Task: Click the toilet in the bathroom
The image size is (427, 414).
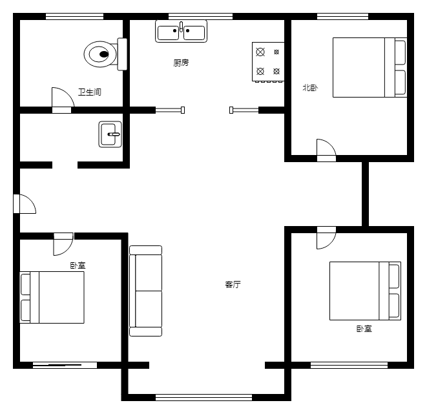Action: pyautogui.click(x=105, y=54)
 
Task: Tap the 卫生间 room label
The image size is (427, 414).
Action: pyautogui.click(x=90, y=92)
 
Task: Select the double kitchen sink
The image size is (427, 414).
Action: pyautogui.click(x=181, y=31)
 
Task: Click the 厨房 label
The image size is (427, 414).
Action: pyautogui.click(x=181, y=63)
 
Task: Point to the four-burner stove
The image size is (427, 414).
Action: pyautogui.click(x=268, y=62)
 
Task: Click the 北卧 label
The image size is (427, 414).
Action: pyautogui.click(x=310, y=88)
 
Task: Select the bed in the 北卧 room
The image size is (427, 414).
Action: pyautogui.click(x=370, y=68)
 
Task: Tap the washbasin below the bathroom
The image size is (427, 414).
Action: pyautogui.click(x=110, y=134)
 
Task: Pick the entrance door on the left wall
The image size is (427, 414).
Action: pyautogui.click(x=25, y=204)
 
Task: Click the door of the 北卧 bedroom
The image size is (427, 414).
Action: pyautogui.click(x=326, y=150)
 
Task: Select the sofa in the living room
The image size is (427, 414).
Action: pyautogui.click(x=146, y=291)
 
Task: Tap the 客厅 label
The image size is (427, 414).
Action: pyautogui.click(x=233, y=284)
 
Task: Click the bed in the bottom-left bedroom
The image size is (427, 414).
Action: pyautogui.click(x=52, y=298)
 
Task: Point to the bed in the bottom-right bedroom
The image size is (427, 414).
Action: pyautogui.click(x=365, y=291)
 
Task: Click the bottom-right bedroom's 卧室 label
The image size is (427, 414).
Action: pyautogui.click(x=364, y=329)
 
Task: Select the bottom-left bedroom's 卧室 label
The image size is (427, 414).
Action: pyautogui.click(x=78, y=265)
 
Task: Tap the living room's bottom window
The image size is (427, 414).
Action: pyautogui.click(x=203, y=397)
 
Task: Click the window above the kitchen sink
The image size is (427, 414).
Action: pyautogui.click(x=200, y=16)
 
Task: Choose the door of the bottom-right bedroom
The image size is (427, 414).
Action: pyautogui.click(x=326, y=238)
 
